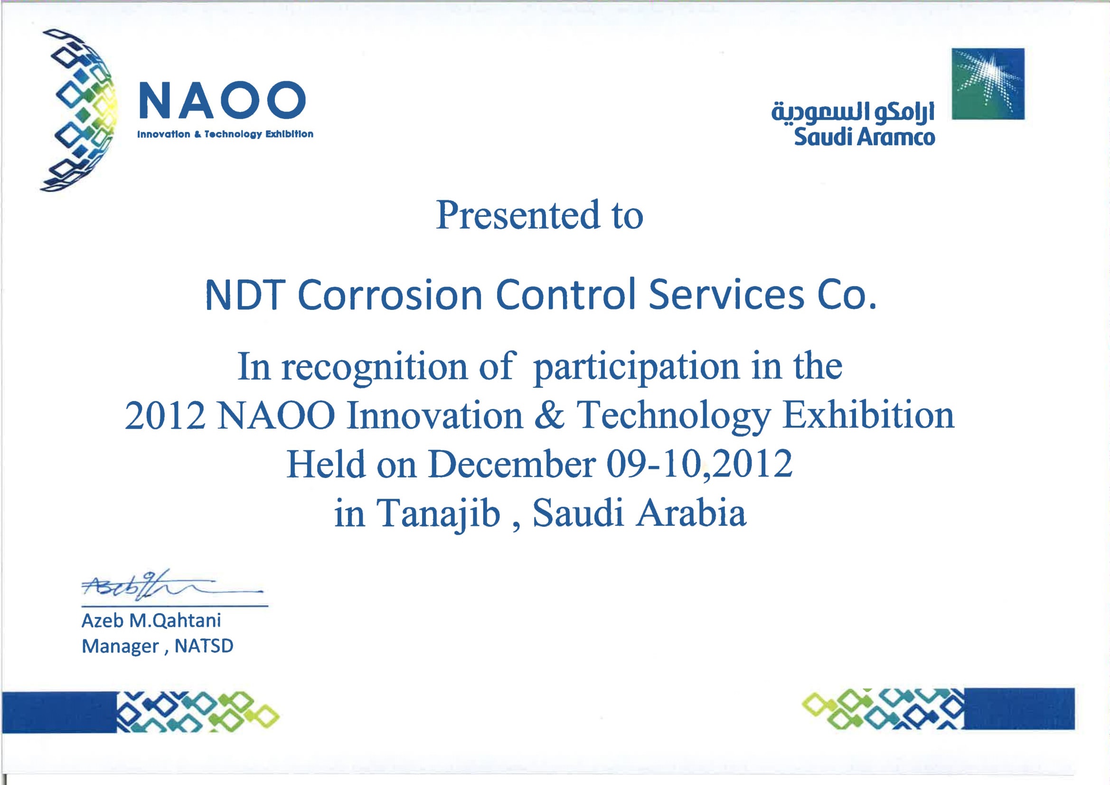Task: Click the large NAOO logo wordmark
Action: (x=222, y=100)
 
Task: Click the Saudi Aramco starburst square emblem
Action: (x=988, y=84)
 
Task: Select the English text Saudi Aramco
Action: (x=865, y=137)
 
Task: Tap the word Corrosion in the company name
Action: (x=390, y=294)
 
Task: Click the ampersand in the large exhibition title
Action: (x=550, y=415)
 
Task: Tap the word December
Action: (x=511, y=465)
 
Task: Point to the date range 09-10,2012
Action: (x=699, y=465)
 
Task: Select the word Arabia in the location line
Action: (x=691, y=513)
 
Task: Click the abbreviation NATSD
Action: (x=204, y=646)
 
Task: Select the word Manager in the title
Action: (x=121, y=647)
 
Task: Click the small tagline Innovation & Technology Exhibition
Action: (x=226, y=134)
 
